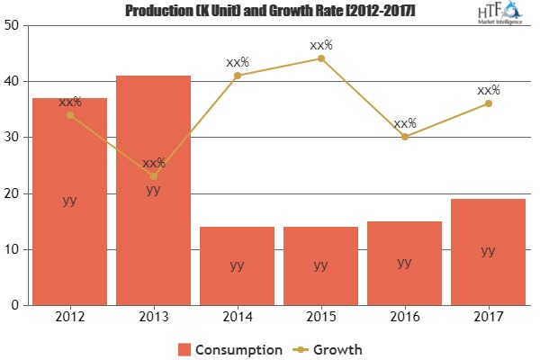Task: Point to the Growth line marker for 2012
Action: (69, 115)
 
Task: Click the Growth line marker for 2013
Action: (153, 176)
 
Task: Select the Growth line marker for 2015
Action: (320, 58)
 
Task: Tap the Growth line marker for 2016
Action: (404, 137)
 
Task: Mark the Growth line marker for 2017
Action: (488, 103)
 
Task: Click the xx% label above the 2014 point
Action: (237, 62)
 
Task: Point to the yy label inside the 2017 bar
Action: (488, 251)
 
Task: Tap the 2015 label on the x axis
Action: (320, 317)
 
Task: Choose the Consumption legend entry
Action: (230, 347)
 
